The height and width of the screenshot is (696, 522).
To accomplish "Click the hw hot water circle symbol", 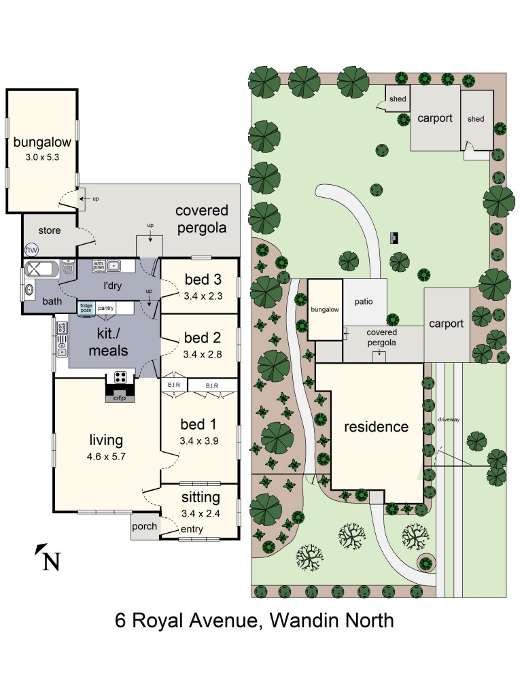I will coord(31,250).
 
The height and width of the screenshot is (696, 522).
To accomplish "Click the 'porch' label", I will coord(143,526).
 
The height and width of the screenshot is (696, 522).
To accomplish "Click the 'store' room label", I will coord(49,230).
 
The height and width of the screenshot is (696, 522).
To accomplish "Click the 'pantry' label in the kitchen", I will coord(105,308).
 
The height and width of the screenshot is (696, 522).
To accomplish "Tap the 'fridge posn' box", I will coord(86,308).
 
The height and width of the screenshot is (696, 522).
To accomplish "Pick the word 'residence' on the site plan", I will coord(376,427).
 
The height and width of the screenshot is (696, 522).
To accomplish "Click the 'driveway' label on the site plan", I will coord(449,419).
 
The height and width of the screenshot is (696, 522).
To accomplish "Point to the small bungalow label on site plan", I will coord(325,309).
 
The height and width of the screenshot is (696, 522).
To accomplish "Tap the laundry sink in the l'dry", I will coord(114,266).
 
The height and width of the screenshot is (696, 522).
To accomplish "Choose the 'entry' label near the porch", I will coord(192,529).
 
